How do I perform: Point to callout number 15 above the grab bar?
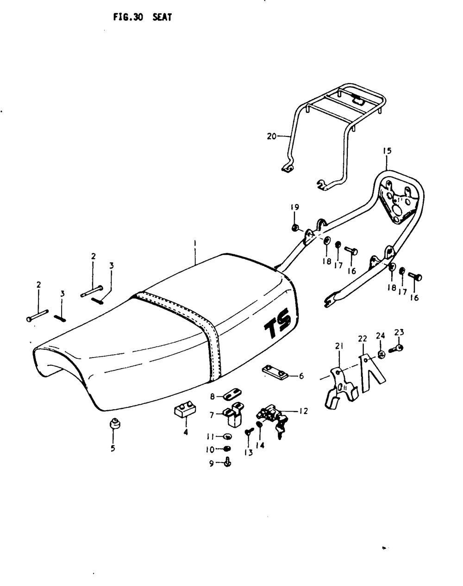387,151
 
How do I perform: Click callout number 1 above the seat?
195,242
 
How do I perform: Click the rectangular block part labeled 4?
185,410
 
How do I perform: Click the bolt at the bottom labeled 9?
227,461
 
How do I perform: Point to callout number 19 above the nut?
295,207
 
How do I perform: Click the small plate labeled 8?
233,395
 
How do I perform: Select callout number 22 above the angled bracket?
362,339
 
